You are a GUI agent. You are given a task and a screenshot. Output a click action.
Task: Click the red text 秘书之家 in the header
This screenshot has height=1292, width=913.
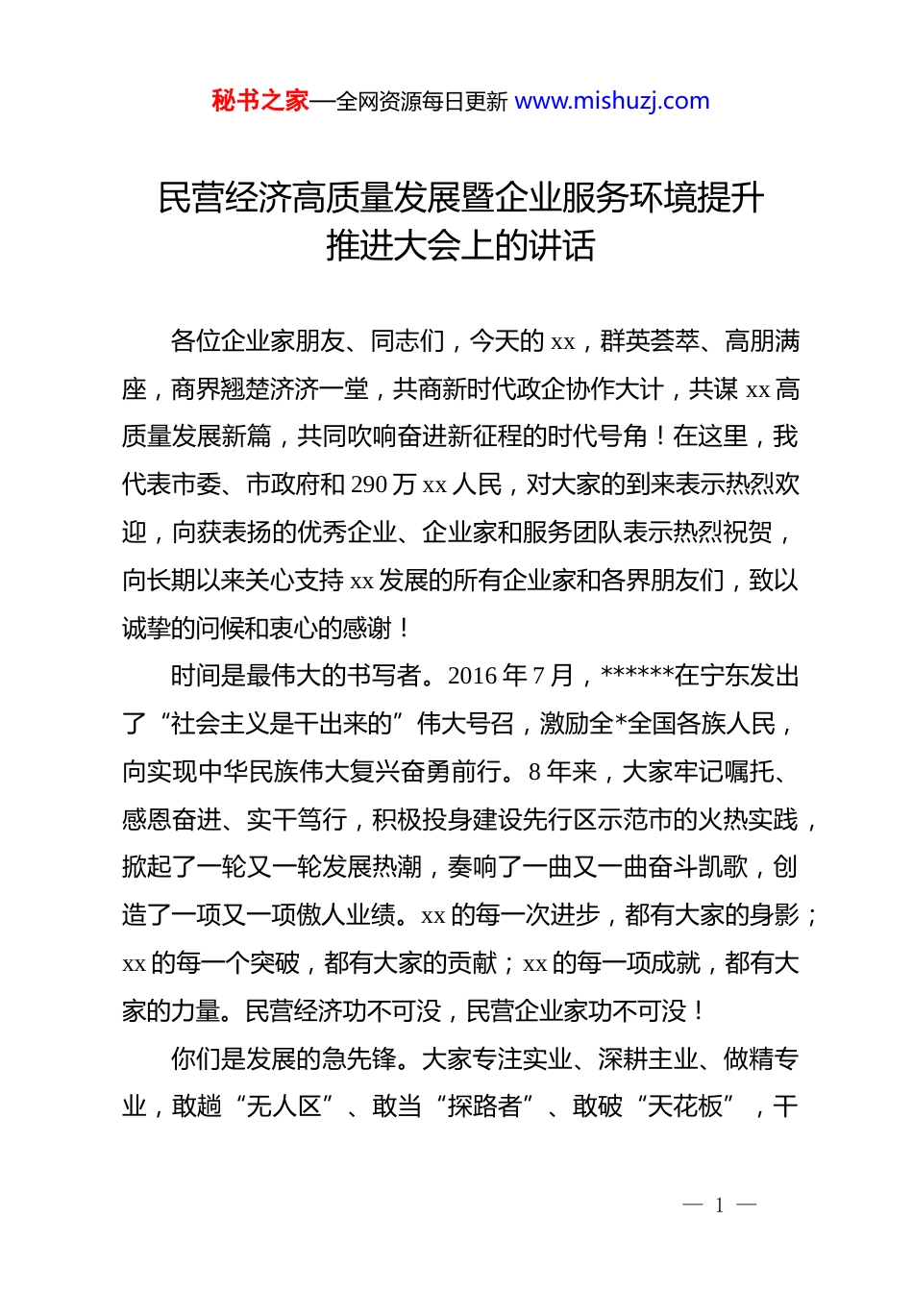pyautogui.click(x=260, y=101)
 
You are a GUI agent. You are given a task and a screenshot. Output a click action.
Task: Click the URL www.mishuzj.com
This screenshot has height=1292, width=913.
pyautogui.click(x=612, y=101)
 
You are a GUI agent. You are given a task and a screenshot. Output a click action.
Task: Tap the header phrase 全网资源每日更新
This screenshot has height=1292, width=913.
pyautogui.click(x=422, y=102)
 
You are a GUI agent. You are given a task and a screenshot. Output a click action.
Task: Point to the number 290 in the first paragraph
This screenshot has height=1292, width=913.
pyautogui.click(x=370, y=484)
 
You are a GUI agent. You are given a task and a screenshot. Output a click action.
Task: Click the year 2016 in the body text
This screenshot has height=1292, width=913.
pyautogui.click(x=473, y=676)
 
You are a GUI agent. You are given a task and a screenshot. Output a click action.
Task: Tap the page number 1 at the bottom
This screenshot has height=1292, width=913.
pyautogui.click(x=719, y=1205)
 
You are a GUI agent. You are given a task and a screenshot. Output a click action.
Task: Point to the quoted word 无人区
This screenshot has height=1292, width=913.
pyautogui.click(x=284, y=1106)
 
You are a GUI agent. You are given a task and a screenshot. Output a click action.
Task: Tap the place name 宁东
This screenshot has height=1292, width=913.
pyautogui.click(x=724, y=676)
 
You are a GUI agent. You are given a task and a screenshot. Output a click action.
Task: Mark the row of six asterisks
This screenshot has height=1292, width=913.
pyautogui.click(x=637, y=674)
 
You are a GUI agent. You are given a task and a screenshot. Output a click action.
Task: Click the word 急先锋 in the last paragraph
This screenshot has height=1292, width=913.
pyautogui.click(x=358, y=1059)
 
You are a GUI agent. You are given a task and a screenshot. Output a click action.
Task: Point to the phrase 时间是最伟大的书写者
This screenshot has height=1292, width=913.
pyautogui.click(x=296, y=676)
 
